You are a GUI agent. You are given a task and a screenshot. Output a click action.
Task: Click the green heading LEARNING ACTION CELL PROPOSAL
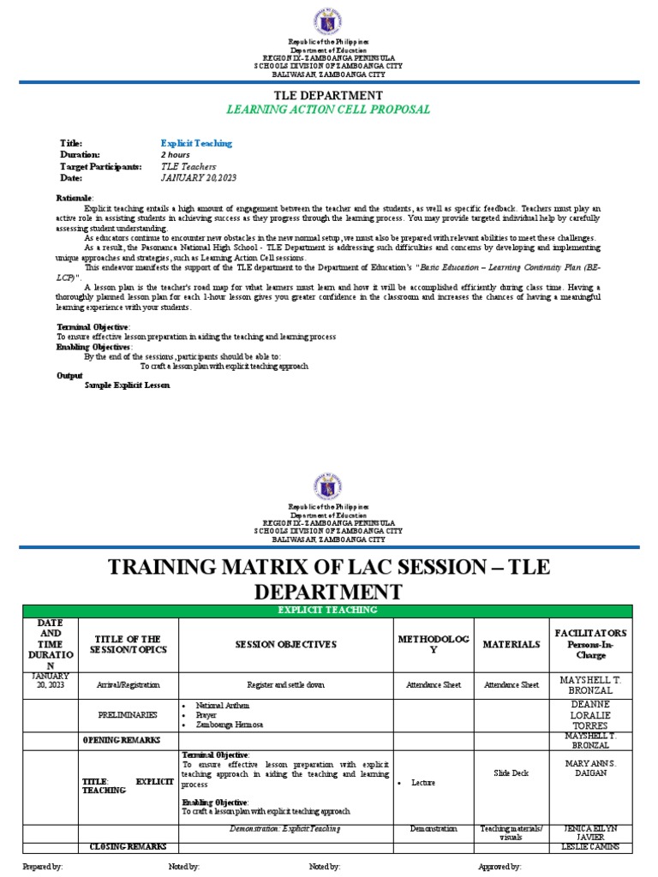click(x=328, y=110)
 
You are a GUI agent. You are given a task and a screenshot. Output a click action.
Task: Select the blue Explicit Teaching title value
click(x=196, y=143)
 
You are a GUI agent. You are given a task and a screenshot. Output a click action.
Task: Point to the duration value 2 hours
click(x=176, y=155)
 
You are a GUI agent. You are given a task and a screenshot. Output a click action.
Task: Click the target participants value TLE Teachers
click(x=188, y=166)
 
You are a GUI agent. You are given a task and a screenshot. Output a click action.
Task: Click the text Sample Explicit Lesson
click(x=127, y=385)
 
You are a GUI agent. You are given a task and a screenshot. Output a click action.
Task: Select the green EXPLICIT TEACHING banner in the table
click(x=328, y=610)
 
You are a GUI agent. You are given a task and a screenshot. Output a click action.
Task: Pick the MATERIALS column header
click(x=511, y=644)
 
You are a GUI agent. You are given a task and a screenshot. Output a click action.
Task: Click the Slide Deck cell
click(x=511, y=773)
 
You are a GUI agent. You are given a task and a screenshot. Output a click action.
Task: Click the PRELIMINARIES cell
click(x=128, y=713)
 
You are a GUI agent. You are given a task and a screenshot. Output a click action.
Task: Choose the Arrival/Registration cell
click(x=128, y=685)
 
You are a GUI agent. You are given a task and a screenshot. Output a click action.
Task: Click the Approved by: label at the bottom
click(x=499, y=867)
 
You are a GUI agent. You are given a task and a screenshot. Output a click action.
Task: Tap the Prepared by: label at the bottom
click(x=42, y=867)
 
